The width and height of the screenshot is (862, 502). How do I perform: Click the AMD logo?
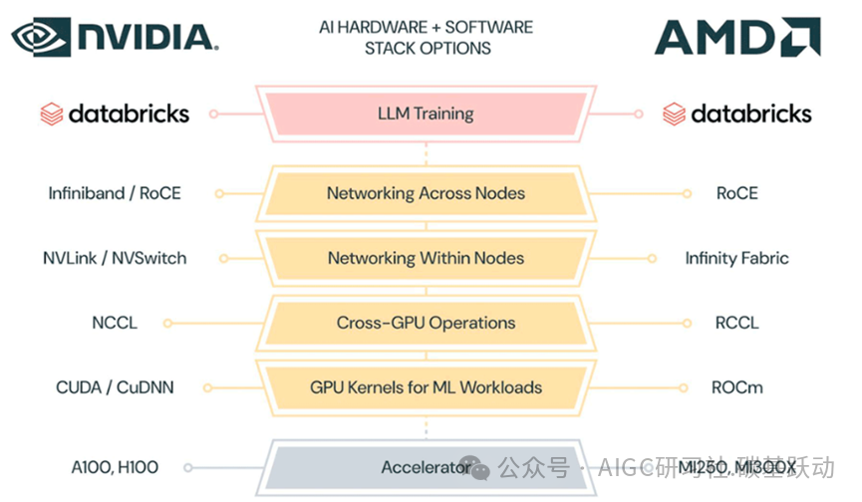click(737, 38)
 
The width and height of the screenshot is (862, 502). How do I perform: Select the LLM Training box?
click(426, 114)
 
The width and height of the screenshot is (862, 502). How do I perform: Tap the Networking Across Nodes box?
click(426, 193)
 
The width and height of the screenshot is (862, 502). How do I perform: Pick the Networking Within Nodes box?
click(426, 258)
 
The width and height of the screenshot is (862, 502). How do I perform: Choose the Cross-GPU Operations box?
click(426, 323)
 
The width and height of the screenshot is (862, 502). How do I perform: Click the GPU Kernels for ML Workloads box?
click(426, 386)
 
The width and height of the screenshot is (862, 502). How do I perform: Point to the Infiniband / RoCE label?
click(115, 193)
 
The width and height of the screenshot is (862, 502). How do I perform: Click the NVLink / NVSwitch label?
click(115, 258)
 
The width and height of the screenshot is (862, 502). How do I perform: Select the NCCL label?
click(115, 323)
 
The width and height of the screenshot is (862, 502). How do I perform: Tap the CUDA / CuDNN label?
click(115, 386)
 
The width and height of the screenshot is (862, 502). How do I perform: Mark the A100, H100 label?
click(115, 467)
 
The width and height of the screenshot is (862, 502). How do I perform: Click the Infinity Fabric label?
click(736, 258)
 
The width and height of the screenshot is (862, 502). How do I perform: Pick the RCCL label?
click(736, 323)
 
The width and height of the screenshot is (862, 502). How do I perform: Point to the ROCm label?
click(736, 386)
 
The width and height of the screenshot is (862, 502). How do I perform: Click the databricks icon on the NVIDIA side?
click(52, 114)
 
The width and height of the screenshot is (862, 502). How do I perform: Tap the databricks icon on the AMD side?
click(675, 114)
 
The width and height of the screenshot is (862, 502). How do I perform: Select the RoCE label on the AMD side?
click(736, 193)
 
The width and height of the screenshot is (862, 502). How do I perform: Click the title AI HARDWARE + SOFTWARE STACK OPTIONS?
click(427, 37)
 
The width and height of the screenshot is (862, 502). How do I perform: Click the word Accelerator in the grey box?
click(426, 467)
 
